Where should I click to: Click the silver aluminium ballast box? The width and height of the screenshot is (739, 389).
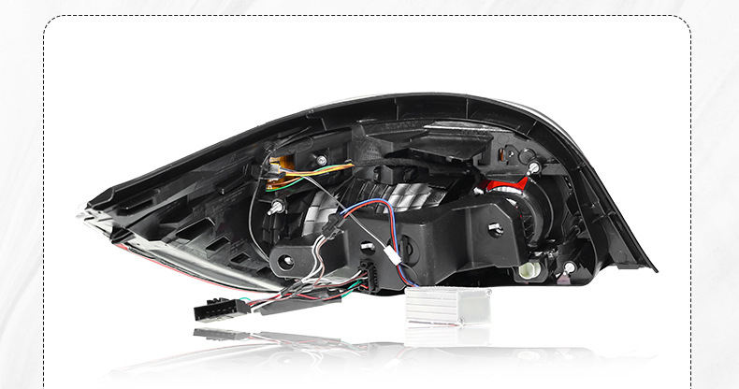pos(447,306)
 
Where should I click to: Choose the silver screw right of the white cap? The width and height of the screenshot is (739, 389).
pos(569,267)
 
